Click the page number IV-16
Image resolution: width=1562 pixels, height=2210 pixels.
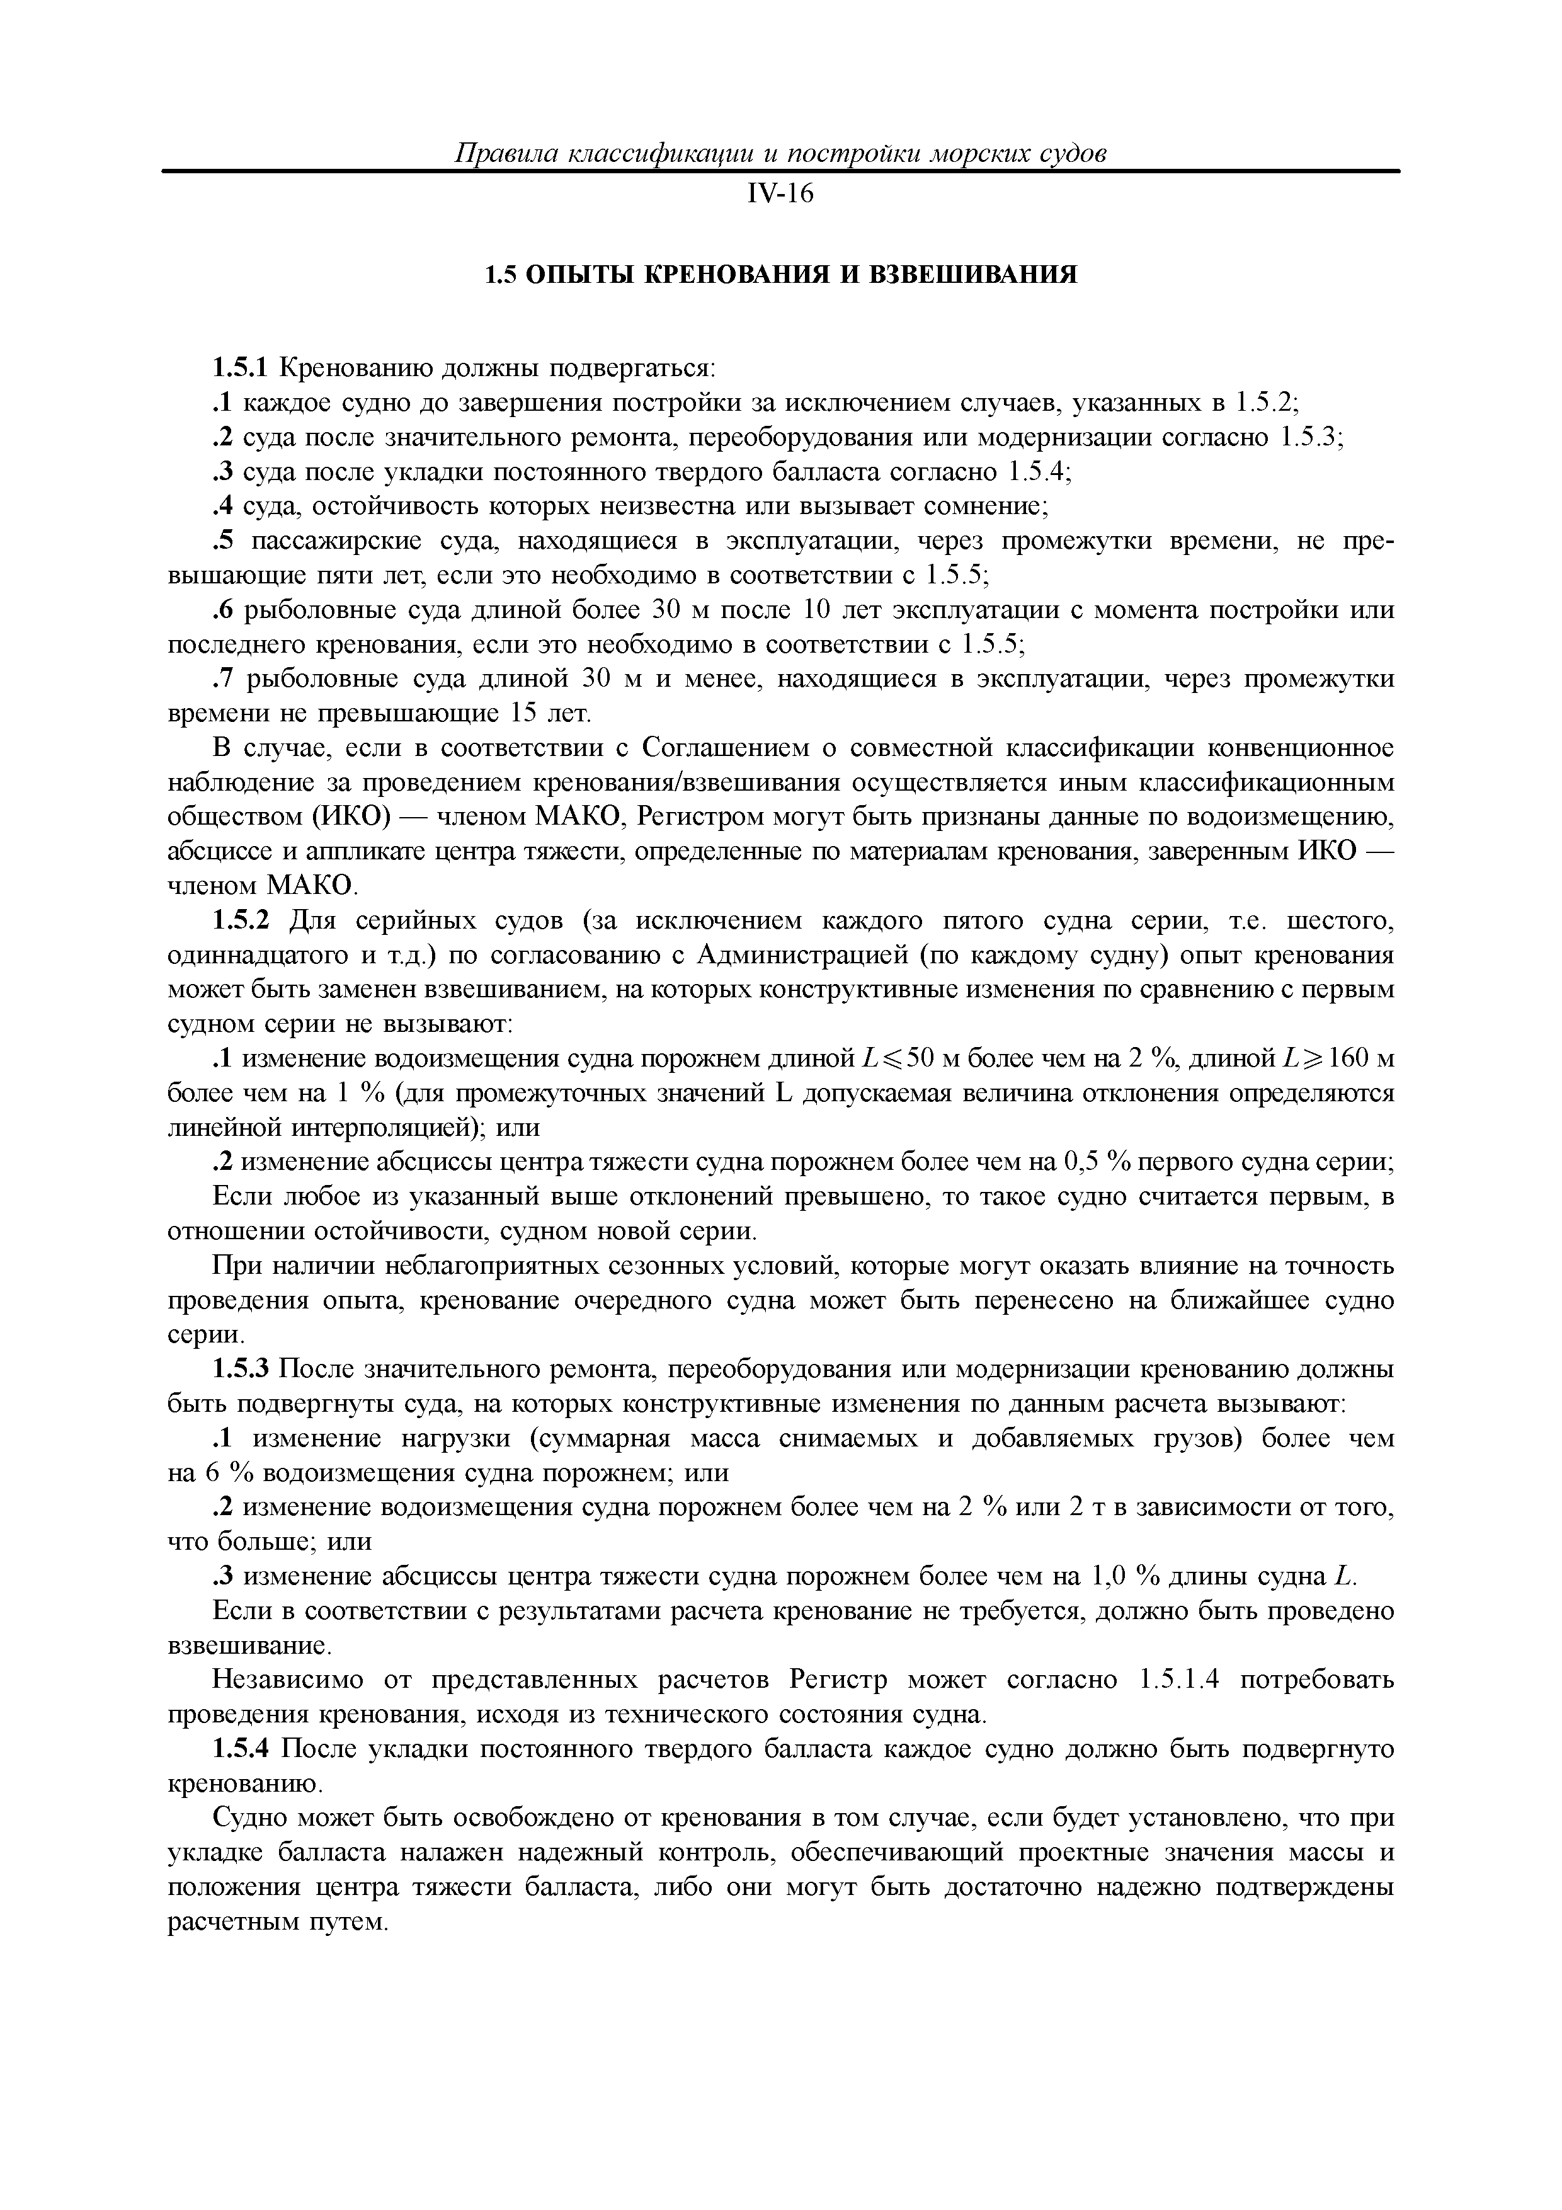pos(780,195)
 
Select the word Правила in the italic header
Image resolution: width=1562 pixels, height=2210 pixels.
pos(505,154)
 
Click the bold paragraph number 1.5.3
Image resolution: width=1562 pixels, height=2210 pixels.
pos(244,1370)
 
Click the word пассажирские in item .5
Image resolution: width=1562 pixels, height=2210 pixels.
pos(338,542)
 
